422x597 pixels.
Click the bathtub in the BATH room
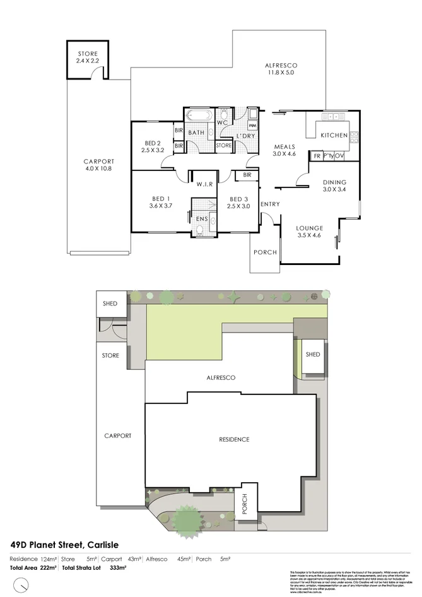pyautogui.click(x=199, y=117)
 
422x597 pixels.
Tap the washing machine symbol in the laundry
pyautogui.click(x=252, y=125)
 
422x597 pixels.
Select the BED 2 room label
pyautogui.click(x=152, y=146)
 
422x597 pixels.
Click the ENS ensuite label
pyautogui.click(x=201, y=219)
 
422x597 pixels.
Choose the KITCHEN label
pyautogui.click(x=334, y=136)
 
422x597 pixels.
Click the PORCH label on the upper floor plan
pyautogui.click(x=265, y=252)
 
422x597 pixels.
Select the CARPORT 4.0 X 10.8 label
pyautogui.click(x=98, y=165)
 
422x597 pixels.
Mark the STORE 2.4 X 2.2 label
pyautogui.click(x=88, y=57)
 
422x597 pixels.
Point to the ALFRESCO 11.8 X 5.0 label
pyautogui.click(x=281, y=69)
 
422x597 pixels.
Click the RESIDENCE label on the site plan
pyautogui.click(x=234, y=439)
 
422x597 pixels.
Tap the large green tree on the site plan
pyautogui.click(x=187, y=519)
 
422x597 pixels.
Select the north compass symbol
pyautogui.click(x=23, y=586)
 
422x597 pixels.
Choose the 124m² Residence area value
pyautogui.click(x=49, y=559)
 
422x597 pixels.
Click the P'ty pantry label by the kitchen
pyautogui.click(x=328, y=156)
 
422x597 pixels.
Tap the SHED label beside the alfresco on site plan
pyautogui.click(x=312, y=355)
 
